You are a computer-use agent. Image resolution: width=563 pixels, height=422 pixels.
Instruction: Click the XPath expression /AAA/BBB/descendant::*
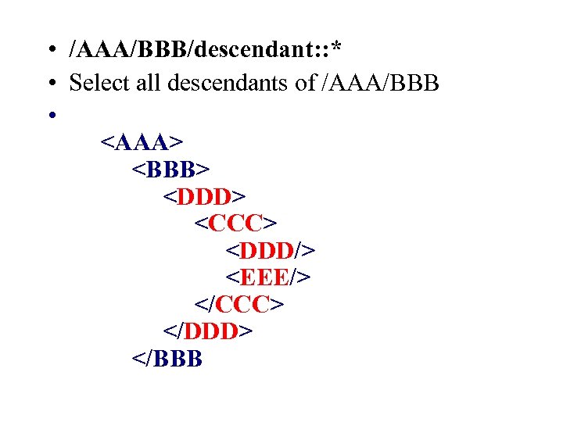[206, 50]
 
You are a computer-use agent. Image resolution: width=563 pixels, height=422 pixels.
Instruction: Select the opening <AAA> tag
[142, 142]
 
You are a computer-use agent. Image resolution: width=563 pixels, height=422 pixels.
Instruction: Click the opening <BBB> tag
[170, 169]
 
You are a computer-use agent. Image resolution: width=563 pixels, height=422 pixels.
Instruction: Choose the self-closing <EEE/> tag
[269, 277]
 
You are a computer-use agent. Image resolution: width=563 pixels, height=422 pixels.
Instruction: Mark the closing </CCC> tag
[238, 304]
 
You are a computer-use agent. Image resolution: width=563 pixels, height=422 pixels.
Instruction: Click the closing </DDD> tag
[208, 331]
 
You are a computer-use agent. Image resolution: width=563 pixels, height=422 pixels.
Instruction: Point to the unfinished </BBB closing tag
[168, 359]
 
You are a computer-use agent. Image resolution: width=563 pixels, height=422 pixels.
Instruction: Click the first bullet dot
[49, 52]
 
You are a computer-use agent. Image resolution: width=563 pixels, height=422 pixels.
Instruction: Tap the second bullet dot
[49, 83]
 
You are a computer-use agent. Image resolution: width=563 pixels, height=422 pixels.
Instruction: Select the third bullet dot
[49, 115]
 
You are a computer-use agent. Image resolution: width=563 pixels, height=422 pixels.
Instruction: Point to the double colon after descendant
[319, 52]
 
